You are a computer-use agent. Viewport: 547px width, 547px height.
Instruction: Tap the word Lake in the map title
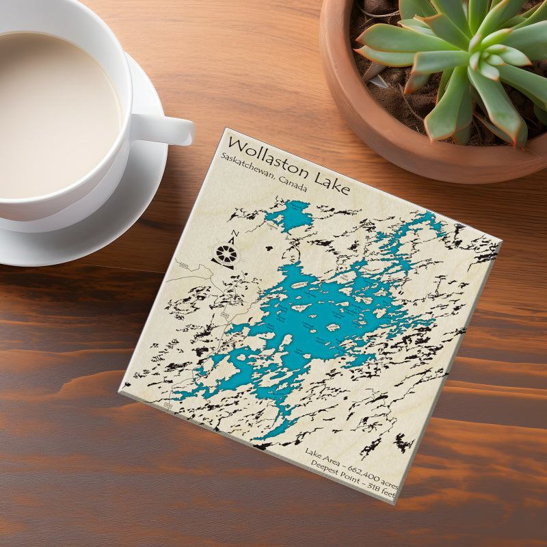(x=329, y=182)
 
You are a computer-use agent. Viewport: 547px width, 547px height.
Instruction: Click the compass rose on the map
(x=225, y=255)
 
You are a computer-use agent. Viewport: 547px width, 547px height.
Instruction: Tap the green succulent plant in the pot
(x=472, y=62)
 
